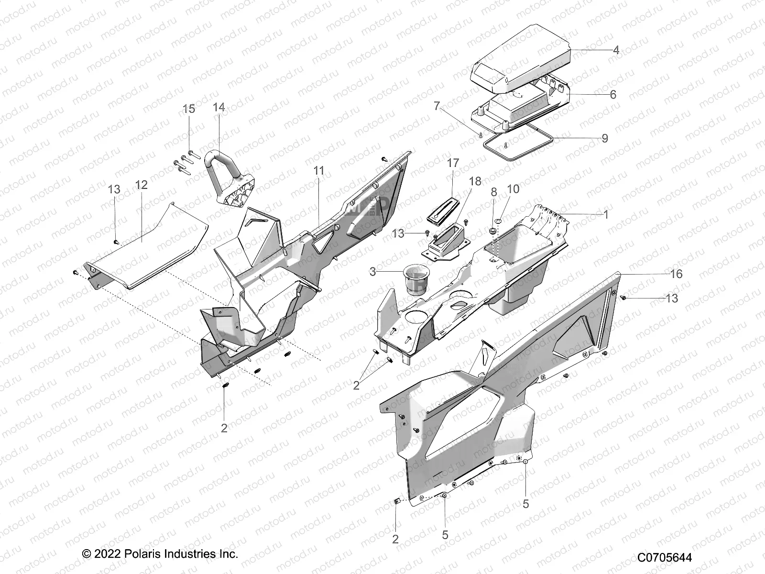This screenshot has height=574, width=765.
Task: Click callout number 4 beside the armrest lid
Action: click(616, 50)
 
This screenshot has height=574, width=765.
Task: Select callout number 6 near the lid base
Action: click(612, 95)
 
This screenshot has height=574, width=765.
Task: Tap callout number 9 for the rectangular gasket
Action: click(605, 138)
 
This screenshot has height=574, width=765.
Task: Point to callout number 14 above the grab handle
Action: click(219, 107)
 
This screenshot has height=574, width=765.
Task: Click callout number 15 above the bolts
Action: click(189, 109)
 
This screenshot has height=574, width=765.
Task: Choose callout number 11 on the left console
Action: click(319, 171)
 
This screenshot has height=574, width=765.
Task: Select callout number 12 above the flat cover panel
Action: click(142, 185)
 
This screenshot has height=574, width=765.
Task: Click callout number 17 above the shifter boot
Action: click(453, 163)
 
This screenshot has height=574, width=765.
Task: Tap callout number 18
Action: click(475, 181)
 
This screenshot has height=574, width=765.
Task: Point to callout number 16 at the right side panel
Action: click(676, 274)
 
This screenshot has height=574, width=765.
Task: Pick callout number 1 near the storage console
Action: click(606, 215)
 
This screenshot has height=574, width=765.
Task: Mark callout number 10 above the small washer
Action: click(513, 189)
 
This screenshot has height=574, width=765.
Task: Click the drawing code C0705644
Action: click(664, 558)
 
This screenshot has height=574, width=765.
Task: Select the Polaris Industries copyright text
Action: click(160, 554)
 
